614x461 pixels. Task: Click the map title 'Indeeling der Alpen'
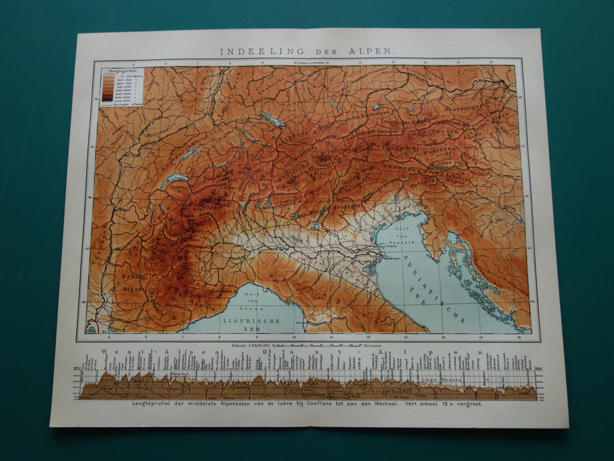click(306, 51)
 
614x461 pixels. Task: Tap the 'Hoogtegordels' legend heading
click(114, 72)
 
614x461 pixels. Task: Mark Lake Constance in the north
click(272, 118)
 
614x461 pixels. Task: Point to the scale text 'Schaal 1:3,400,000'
click(251, 344)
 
